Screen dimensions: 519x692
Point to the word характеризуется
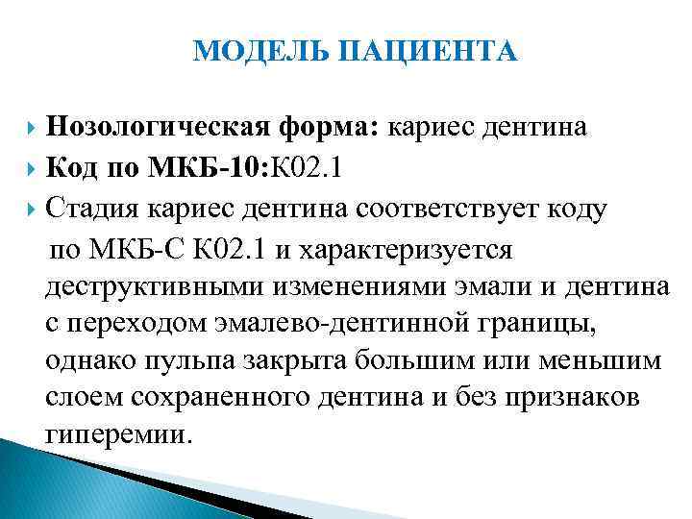[408, 250]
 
